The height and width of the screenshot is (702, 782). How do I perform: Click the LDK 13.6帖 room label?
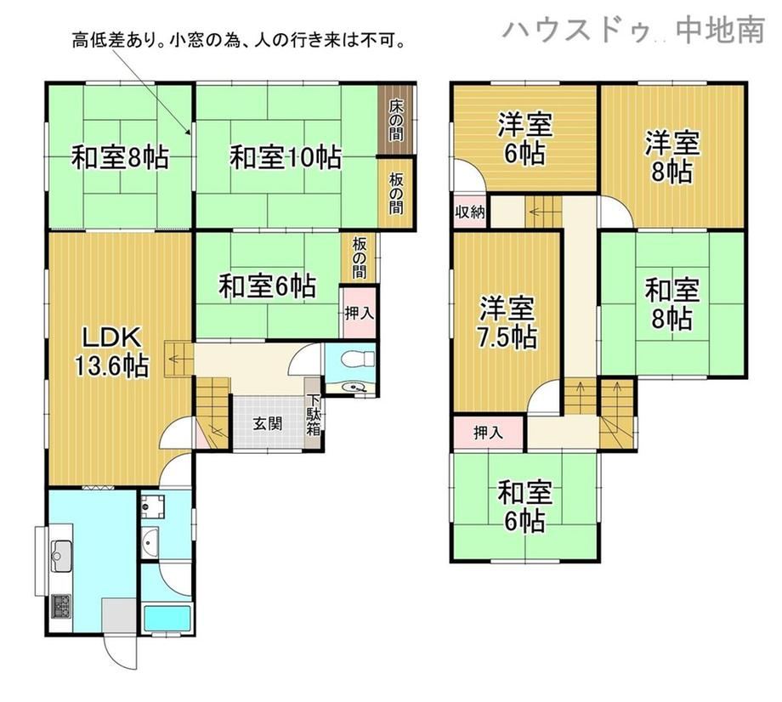112,352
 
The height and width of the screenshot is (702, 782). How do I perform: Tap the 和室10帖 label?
286,157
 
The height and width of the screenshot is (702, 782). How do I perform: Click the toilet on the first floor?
355,359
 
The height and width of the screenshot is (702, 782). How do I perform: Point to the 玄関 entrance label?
268,424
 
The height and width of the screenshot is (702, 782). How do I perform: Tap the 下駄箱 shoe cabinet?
313,415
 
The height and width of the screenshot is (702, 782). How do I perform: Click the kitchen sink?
62,556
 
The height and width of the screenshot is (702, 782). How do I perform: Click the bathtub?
167,618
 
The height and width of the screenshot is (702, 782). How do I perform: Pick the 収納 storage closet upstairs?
469,212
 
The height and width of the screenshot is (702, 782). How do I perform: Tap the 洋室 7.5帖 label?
507,323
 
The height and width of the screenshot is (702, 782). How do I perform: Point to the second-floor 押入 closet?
489,433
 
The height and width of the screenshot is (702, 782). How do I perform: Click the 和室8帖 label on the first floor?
120,157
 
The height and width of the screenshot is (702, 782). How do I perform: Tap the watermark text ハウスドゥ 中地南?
633,30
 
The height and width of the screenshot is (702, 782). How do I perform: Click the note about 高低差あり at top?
238,40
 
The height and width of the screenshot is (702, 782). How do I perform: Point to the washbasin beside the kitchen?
150,543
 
